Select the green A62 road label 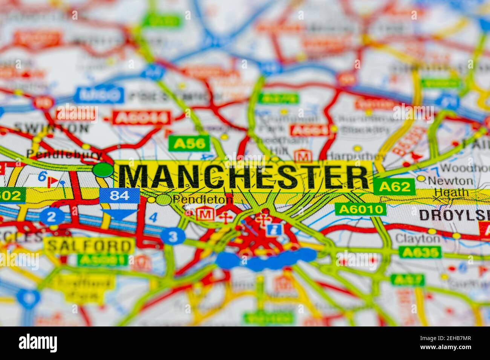click(394, 187)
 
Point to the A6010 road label click(360, 209)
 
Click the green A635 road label click(420, 252)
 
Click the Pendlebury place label click(64, 154)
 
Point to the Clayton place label click(417, 238)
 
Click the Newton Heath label click(450, 186)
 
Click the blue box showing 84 click(119, 195)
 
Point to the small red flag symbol click(54, 182)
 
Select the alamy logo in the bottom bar click(38, 343)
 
